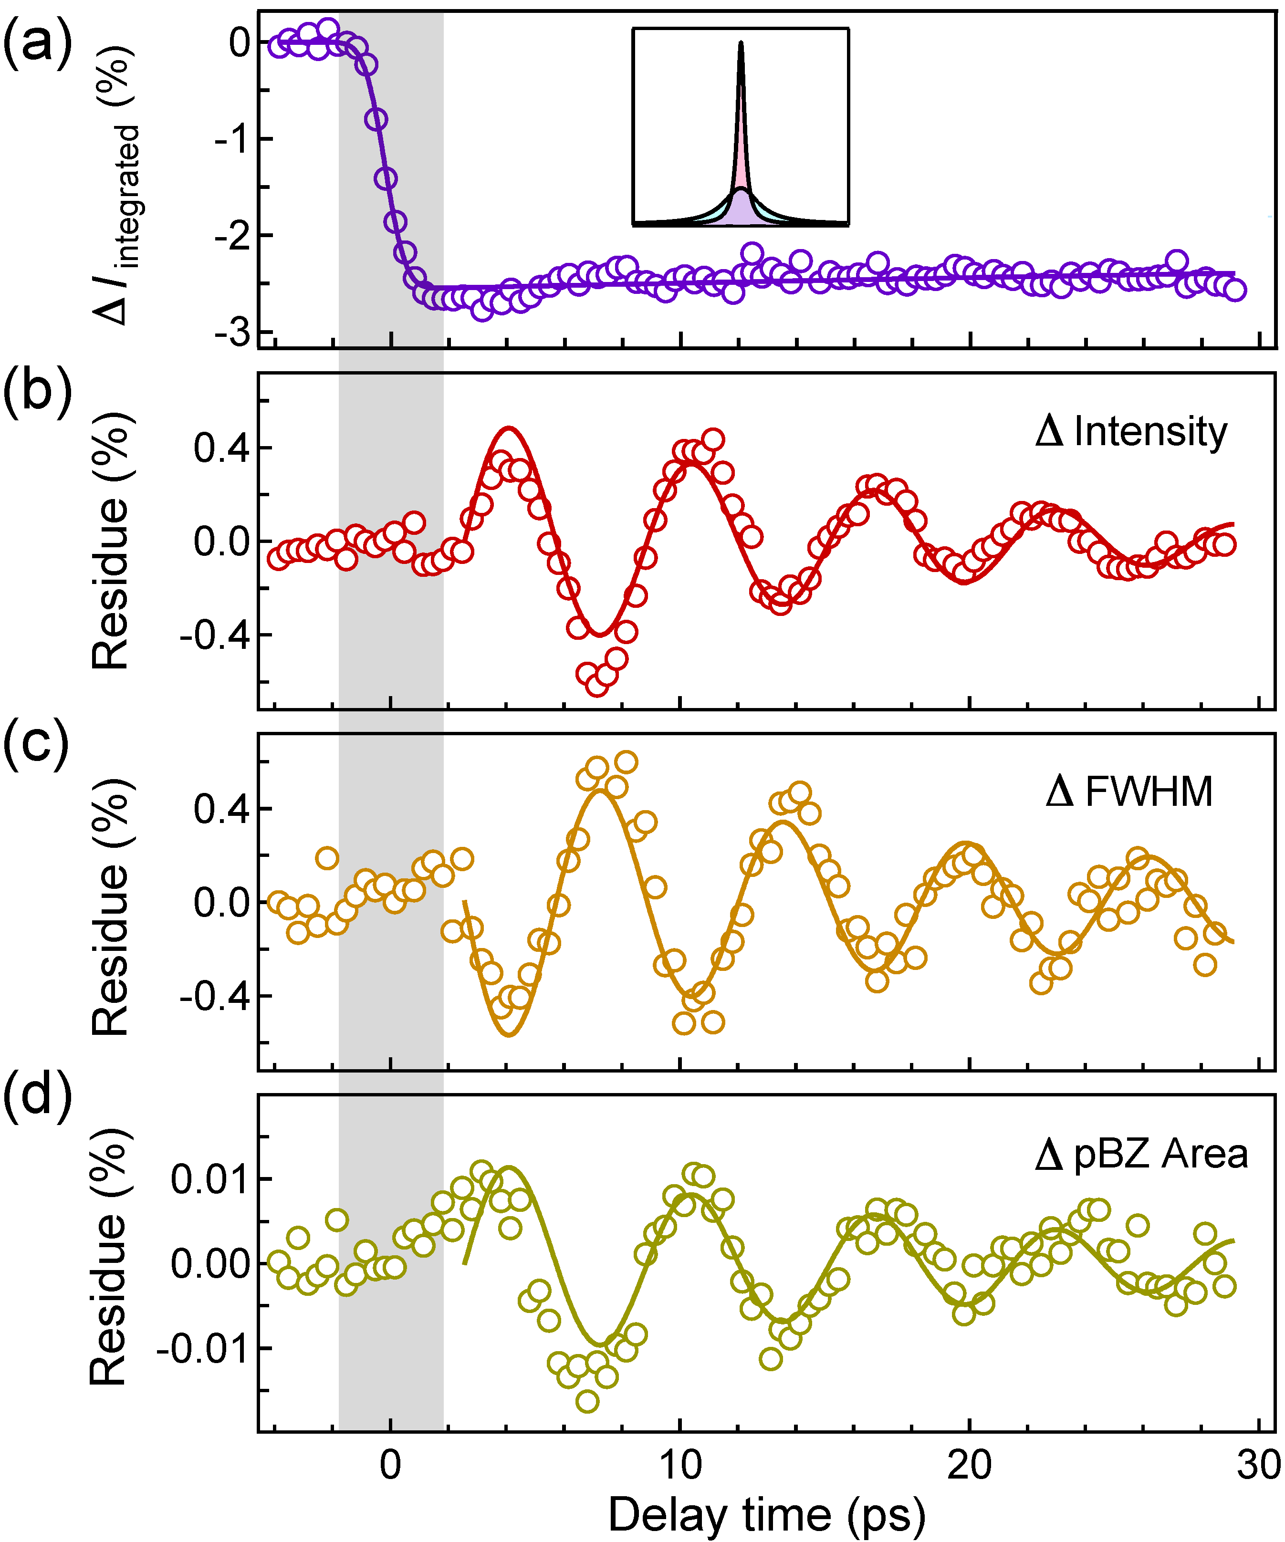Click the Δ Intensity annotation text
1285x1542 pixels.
[x=1131, y=432]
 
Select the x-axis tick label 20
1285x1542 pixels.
[x=969, y=1465]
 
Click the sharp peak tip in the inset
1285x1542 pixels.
[x=741, y=42]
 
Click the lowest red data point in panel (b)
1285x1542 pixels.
[x=597, y=684]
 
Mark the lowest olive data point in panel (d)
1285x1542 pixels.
[x=587, y=1401]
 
